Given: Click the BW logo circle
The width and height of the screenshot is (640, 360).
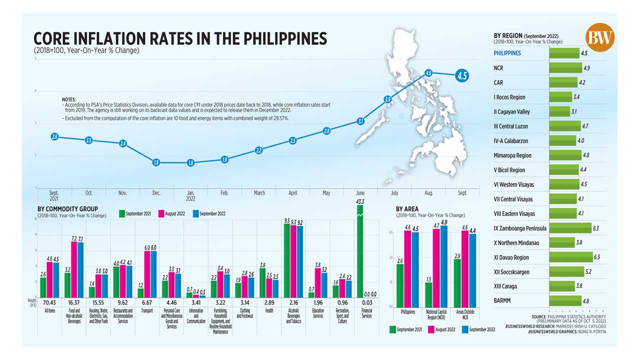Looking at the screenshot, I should [x=600, y=37].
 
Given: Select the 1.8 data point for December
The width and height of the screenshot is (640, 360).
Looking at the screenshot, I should [x=156, y=162].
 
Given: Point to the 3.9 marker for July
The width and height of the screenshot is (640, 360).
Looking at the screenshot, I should [x=387, y=99].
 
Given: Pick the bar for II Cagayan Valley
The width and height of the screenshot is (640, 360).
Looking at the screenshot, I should [x=560, y=111].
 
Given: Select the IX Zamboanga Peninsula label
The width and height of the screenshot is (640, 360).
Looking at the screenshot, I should [x=519, y=228].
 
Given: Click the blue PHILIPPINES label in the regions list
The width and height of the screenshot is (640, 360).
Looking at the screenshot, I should [x=507, y=53].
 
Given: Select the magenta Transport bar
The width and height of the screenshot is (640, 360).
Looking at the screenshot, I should [x=147, y=274].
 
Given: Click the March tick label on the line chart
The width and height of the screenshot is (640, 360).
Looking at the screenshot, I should [x=259, y=192].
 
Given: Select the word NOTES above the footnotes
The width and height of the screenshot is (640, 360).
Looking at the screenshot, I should [x=68, y=100].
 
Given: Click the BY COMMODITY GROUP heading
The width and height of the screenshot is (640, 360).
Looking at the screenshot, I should [x=68, y=209].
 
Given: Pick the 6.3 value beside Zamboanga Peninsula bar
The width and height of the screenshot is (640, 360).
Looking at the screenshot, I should [x=595, y=228].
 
